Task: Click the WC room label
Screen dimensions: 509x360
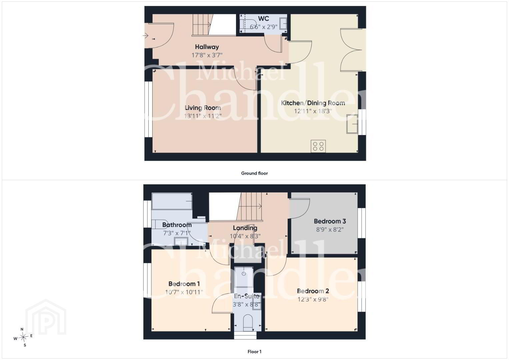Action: (264, 19)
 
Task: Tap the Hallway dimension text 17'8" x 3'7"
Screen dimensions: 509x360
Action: (207, 55)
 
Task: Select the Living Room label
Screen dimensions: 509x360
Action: (203, 108)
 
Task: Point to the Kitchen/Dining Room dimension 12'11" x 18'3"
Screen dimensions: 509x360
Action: (313, 111)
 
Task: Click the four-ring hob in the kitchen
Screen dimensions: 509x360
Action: (318, 146)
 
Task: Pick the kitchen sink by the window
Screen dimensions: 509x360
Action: (352, 124)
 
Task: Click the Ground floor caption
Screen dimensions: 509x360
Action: (255, 173)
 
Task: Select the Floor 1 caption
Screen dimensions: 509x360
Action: (255, 352)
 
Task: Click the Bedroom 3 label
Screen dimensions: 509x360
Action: (330, 221)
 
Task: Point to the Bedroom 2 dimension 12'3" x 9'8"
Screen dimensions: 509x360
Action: (313, 299)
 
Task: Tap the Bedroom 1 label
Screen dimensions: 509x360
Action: (184, 284)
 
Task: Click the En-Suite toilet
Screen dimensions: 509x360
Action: (248, 323)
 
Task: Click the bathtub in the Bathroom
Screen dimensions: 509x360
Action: (172, 201)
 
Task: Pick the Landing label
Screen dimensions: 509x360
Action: (245, 228)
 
